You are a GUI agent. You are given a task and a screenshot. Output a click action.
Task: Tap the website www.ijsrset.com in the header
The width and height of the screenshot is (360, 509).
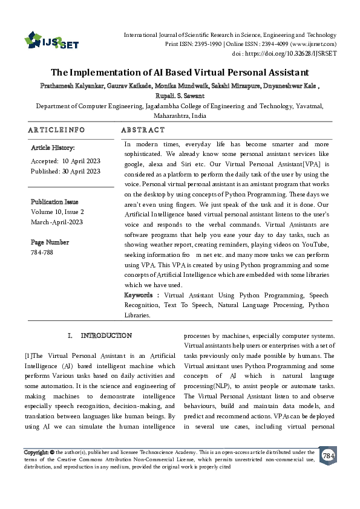point(314,44)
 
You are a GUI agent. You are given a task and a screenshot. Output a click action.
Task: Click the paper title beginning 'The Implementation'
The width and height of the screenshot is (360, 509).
point(180,71)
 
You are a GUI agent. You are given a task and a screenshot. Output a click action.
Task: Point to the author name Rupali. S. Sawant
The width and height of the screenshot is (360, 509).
point(180,96)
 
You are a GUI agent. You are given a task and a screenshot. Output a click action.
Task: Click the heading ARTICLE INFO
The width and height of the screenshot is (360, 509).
point(56,130)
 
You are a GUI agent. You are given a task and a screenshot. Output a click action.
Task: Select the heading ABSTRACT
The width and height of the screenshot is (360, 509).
point(143,130)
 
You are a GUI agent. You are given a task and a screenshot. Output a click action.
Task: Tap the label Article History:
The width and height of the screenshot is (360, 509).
point(53,148)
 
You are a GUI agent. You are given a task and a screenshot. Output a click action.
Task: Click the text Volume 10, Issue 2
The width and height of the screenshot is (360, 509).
point(57,212)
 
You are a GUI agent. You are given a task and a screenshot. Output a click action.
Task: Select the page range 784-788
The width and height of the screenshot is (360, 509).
point(42,251)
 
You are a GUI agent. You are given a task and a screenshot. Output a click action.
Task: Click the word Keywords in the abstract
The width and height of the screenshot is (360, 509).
point(139,295)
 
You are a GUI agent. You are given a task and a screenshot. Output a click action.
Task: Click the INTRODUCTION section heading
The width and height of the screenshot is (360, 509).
point(106,336)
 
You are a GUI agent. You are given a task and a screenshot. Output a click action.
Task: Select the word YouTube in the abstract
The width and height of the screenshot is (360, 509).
point(315,244)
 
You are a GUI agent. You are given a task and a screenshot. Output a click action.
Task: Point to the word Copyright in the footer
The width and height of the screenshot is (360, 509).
point(35,452)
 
